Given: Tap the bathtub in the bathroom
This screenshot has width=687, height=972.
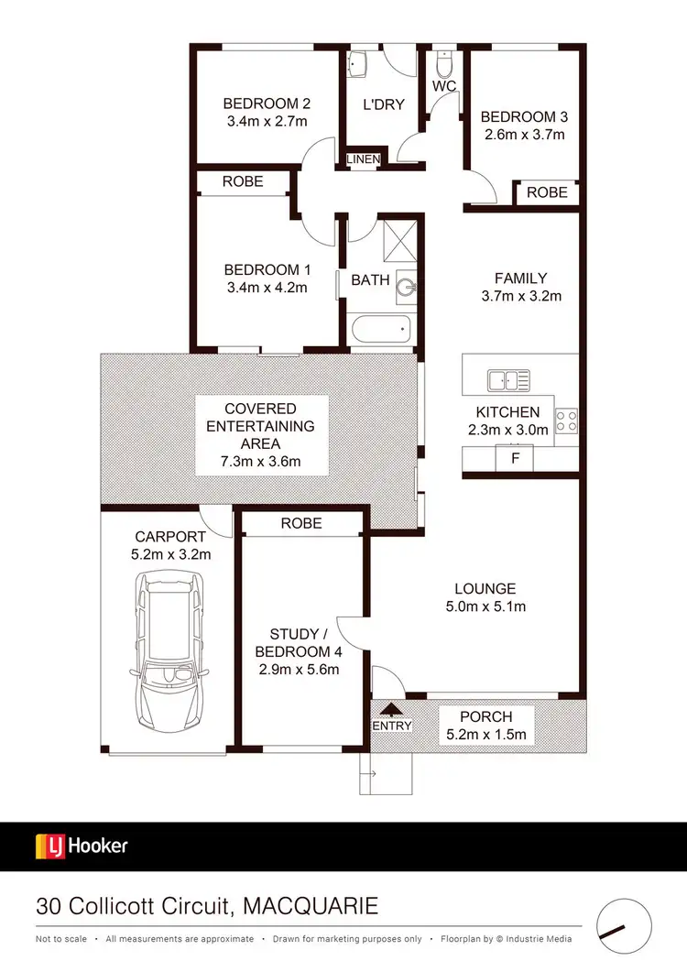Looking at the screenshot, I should tap(380, 329).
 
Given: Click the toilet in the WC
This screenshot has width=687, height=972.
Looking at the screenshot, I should tap(445, 65).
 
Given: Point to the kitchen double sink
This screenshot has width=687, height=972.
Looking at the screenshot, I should tap(508, 379).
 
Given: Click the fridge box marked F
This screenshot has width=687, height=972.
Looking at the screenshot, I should tap(515, 457).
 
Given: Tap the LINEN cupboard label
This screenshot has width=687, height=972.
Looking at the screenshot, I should tap(363, 160).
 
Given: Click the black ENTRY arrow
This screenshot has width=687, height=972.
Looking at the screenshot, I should tap(392, 708).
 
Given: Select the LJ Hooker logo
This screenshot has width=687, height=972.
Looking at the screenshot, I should tap(82, 846).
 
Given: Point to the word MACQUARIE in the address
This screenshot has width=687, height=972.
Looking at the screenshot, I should tap(311, 907).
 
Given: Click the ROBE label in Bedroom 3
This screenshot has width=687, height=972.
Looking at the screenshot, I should tap(547, 192).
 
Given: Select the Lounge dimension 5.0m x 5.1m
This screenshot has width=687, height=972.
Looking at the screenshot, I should tap(485, 606).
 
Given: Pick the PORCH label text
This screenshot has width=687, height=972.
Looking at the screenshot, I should tap(486, 716).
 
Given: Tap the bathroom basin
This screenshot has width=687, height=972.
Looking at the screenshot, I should tap(407, 288).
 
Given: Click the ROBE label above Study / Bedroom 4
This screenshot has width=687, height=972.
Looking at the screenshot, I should tap(301, 523).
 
